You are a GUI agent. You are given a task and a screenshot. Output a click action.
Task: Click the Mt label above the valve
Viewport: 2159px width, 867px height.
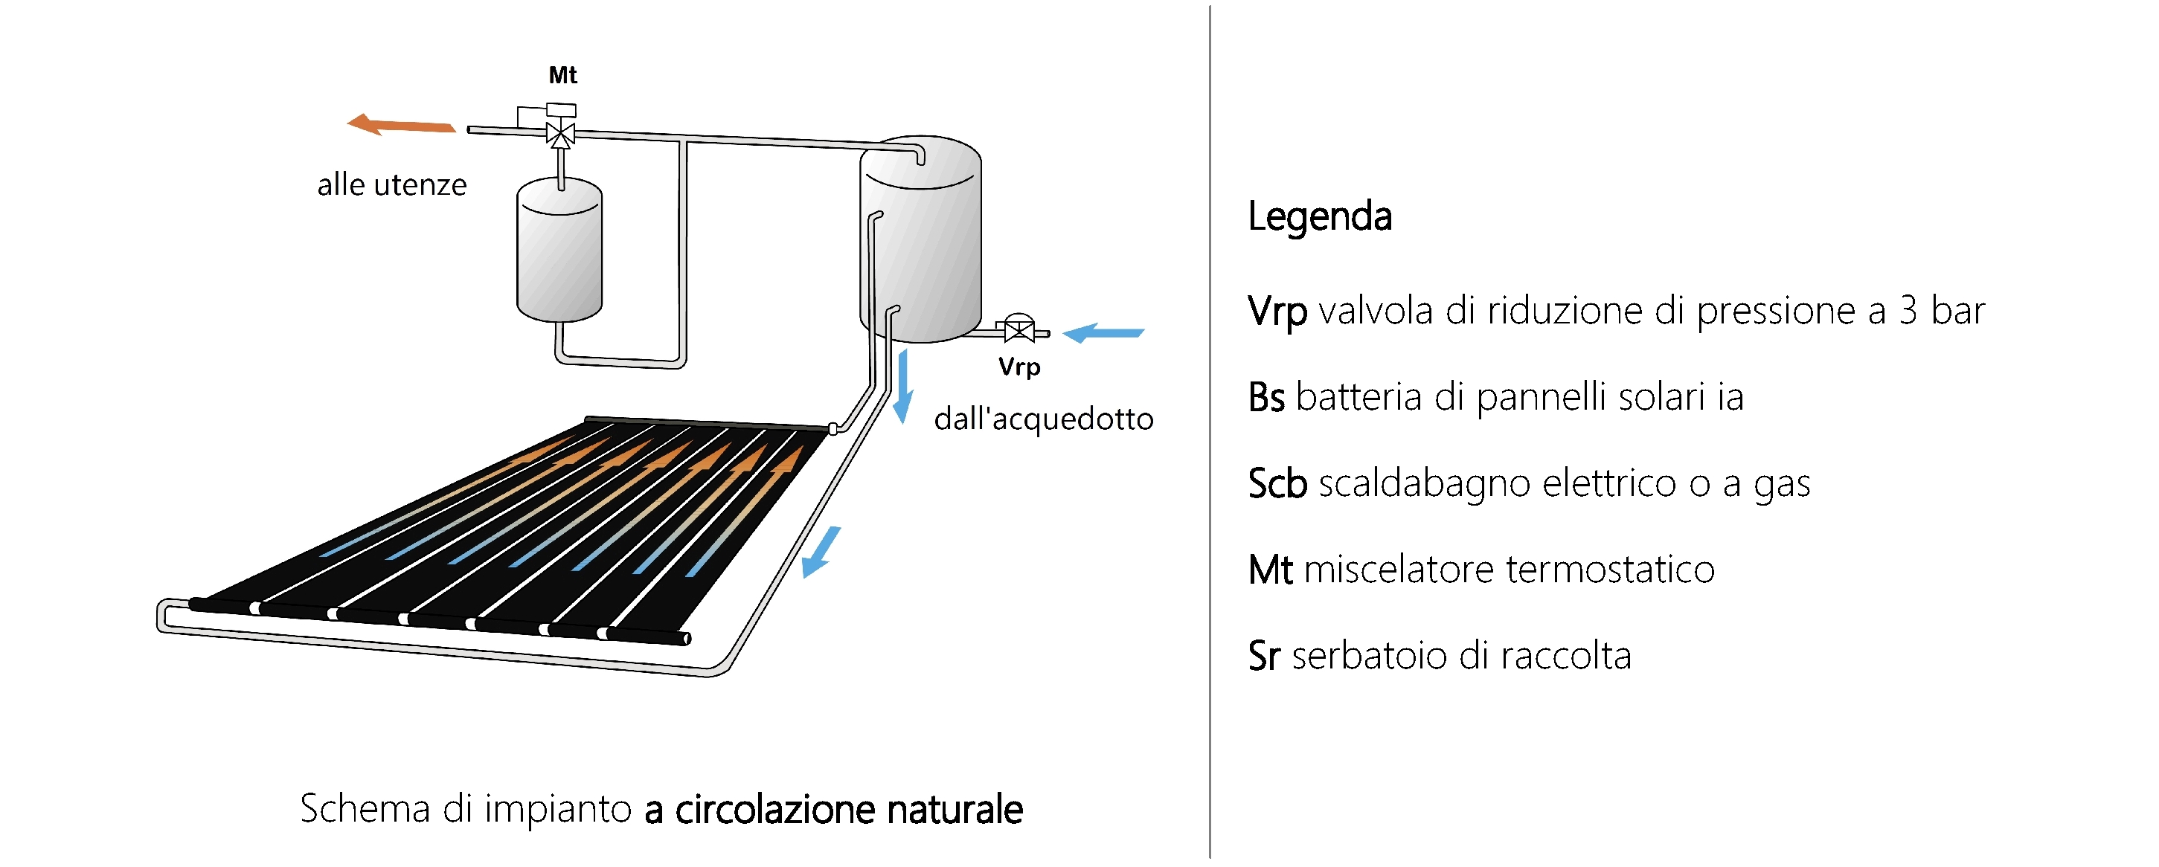pyautogui.click(x=562, y=75)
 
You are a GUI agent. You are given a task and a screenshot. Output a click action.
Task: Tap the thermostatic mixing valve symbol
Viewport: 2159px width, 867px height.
pyautogui.click(x=560, y=132)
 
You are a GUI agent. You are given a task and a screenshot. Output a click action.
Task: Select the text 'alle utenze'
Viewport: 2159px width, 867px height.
pyautogui.click(x=391, y=184)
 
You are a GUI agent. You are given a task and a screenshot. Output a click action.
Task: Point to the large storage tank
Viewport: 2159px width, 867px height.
pyautogui.click(x=920, y=239)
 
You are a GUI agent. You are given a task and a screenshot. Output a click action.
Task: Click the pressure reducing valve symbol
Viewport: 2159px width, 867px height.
pyautogui.click(x=1019, y=329)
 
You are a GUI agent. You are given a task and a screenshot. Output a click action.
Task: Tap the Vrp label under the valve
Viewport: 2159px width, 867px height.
pyautogui.click(x=1019, y=367)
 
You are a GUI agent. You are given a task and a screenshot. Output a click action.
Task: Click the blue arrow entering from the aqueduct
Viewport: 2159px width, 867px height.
pyautogui.click(x=1103, y=332)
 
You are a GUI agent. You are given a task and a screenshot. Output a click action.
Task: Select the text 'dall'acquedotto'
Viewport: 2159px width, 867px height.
pyautogui.click(x=1044, y=418)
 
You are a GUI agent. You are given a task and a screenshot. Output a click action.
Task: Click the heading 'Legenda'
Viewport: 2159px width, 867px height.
pyautogui.click(x=1320, y=216)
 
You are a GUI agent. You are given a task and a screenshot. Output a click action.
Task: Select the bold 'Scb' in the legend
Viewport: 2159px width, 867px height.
pyautogui.click(x=1277, y=483)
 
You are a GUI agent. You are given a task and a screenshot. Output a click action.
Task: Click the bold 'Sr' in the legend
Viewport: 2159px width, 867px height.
pyautogui.click(x=1264, y=656)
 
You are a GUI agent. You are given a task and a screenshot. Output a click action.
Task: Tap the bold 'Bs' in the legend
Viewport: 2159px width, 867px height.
pyautogui.click(x=1266, y=397)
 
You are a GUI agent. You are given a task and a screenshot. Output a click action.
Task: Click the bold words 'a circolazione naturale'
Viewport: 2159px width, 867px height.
pyautogui.click(x=834, y=809)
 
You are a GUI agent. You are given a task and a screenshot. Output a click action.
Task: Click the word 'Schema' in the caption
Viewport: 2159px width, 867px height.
pyautogui.click(x=365, y=809)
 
